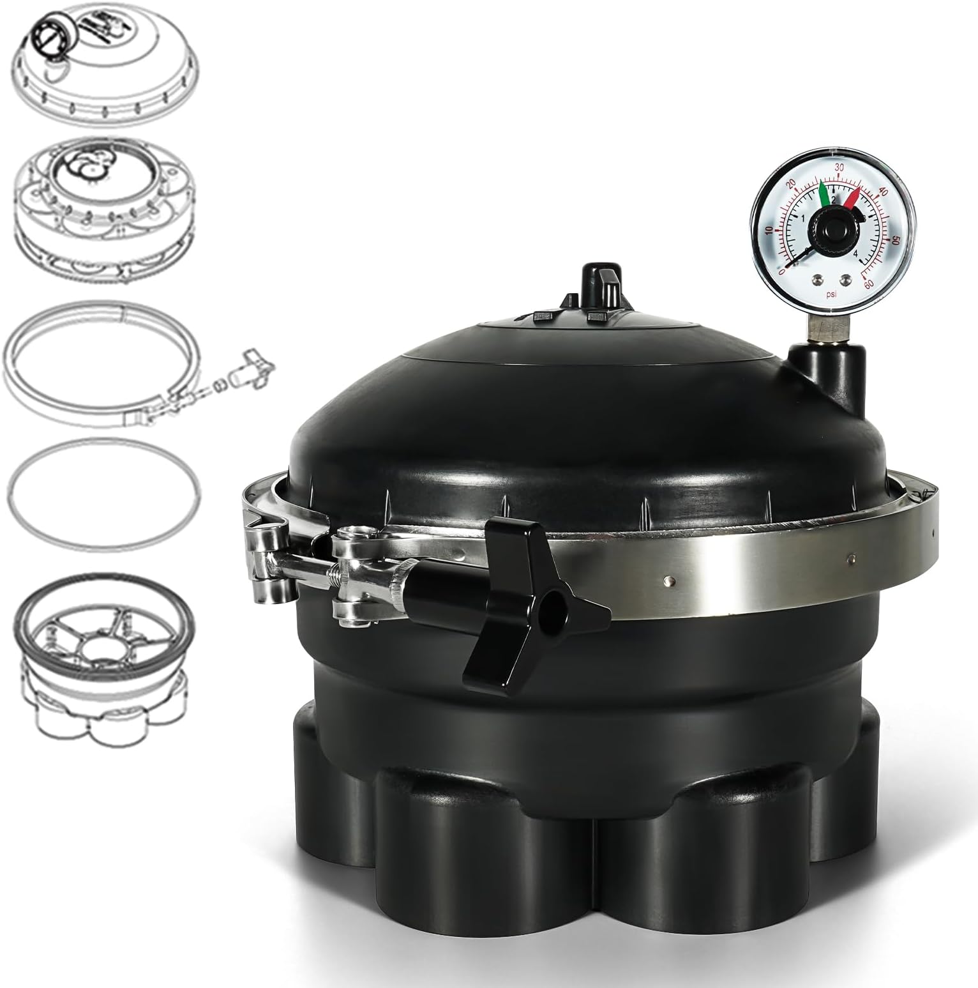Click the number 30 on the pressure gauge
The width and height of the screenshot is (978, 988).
click(840, 167)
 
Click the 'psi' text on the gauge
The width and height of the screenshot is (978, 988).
click(831, 294)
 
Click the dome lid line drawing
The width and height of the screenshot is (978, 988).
click(105, 64)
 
